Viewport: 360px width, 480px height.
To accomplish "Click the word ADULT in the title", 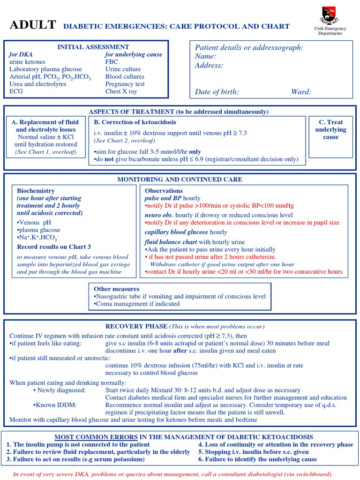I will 33,25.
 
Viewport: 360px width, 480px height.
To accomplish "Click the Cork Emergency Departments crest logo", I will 330,15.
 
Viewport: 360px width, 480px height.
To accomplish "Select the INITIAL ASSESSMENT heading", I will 93,47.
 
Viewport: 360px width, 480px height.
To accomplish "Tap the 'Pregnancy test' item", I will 125,84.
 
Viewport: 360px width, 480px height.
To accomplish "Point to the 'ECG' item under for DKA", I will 16,91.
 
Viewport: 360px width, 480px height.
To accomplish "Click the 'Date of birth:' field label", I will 217,92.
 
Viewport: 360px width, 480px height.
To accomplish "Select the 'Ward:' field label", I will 301,92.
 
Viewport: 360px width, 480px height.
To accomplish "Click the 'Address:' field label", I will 209,66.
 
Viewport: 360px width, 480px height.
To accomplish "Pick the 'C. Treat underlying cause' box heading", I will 331,129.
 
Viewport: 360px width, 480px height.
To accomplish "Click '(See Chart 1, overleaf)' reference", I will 45,152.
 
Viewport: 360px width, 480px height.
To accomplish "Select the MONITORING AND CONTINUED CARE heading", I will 180,180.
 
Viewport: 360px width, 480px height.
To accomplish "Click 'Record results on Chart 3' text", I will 54,247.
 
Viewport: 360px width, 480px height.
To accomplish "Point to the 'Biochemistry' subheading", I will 36,191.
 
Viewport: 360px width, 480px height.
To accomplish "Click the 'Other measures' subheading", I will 116,289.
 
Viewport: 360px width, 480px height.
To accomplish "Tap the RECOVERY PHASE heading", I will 136,326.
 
